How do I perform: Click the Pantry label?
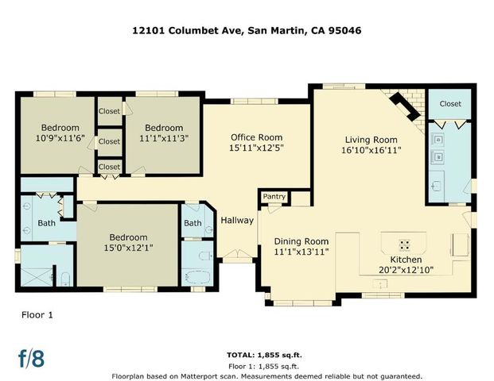[274, 196]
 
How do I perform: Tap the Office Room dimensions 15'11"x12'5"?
[256, 148]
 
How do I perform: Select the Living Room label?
[371, 139]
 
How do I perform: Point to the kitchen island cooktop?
[404, 244]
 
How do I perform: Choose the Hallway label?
[236, 220]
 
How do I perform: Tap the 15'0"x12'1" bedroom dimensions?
[128, 248]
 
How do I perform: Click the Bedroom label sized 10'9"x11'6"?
[60, 128]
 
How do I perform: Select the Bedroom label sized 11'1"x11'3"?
[164, 128]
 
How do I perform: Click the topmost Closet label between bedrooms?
[109, 112]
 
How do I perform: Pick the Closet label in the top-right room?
[450, 104]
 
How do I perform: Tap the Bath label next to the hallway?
[193, 223]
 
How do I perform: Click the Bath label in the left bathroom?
[47, 223]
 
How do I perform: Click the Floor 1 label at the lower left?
[37, 315]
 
